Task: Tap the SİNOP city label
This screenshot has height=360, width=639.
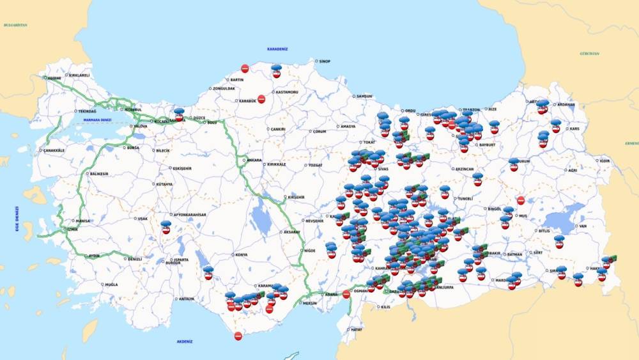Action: click(324, 61)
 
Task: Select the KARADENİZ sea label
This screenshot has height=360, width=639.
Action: click(278, 49)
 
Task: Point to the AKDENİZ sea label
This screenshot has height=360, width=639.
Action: click(185, 341)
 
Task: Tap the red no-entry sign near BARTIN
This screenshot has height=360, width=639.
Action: click(245, 68)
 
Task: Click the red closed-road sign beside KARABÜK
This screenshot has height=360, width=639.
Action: click(261, 98)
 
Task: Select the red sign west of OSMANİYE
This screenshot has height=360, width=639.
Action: click(346, 294)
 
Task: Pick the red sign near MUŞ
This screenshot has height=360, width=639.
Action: click(521, 200)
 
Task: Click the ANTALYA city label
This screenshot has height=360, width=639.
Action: click(186, 299)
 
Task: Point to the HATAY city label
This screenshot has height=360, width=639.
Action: click(356, 329)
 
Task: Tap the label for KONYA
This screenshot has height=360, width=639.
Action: click(241, 254)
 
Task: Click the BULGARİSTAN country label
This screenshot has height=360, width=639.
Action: click(15, 24)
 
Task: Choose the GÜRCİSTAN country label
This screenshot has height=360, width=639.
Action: click(589, 54)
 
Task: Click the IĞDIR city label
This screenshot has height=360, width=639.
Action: click(605, 160)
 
